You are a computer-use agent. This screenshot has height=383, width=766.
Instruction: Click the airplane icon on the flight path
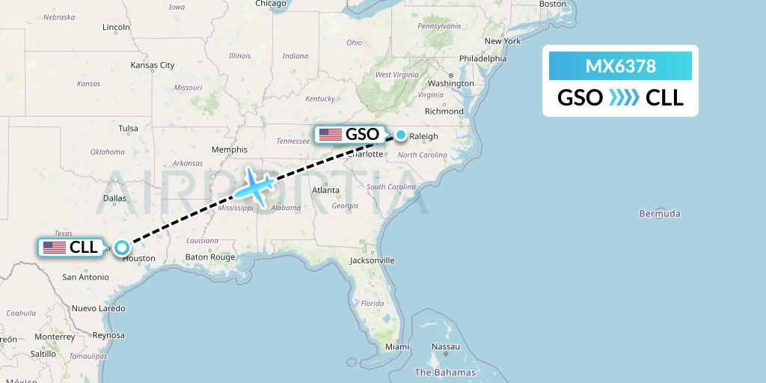tap(254, 186)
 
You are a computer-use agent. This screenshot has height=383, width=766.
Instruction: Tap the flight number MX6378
tap(620, 67)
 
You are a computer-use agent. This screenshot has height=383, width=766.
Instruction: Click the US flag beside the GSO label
tap(330, 135)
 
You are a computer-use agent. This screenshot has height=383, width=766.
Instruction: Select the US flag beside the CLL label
tap(55, 248)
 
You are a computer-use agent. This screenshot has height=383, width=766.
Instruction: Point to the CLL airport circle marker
tap(121, 248)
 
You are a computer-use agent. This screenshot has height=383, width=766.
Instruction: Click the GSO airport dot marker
tap(401, 135)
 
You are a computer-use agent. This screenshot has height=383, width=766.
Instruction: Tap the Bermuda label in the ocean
tap(660, 214)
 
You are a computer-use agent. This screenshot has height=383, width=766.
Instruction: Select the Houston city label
tap(140, 258)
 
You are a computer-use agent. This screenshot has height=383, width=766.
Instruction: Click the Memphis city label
tap(229, 150)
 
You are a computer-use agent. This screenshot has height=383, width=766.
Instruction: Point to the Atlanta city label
tap(325, 190)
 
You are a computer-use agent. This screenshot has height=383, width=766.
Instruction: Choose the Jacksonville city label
tap(372, 260)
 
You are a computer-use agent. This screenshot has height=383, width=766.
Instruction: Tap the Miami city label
tap(396, 347)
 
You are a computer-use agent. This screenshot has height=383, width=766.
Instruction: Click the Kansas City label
tap(152, 65)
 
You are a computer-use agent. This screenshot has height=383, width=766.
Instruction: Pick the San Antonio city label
tap(85, 277)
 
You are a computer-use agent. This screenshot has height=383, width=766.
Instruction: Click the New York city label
tap(502, 41)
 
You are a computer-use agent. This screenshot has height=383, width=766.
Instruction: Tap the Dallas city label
tap(114, 198)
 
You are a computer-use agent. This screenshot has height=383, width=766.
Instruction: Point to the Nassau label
tap(446, 347)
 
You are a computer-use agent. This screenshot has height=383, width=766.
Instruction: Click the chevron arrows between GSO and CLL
tap(624, 98)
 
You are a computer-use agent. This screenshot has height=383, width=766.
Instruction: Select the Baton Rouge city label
tap(210, 257)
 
